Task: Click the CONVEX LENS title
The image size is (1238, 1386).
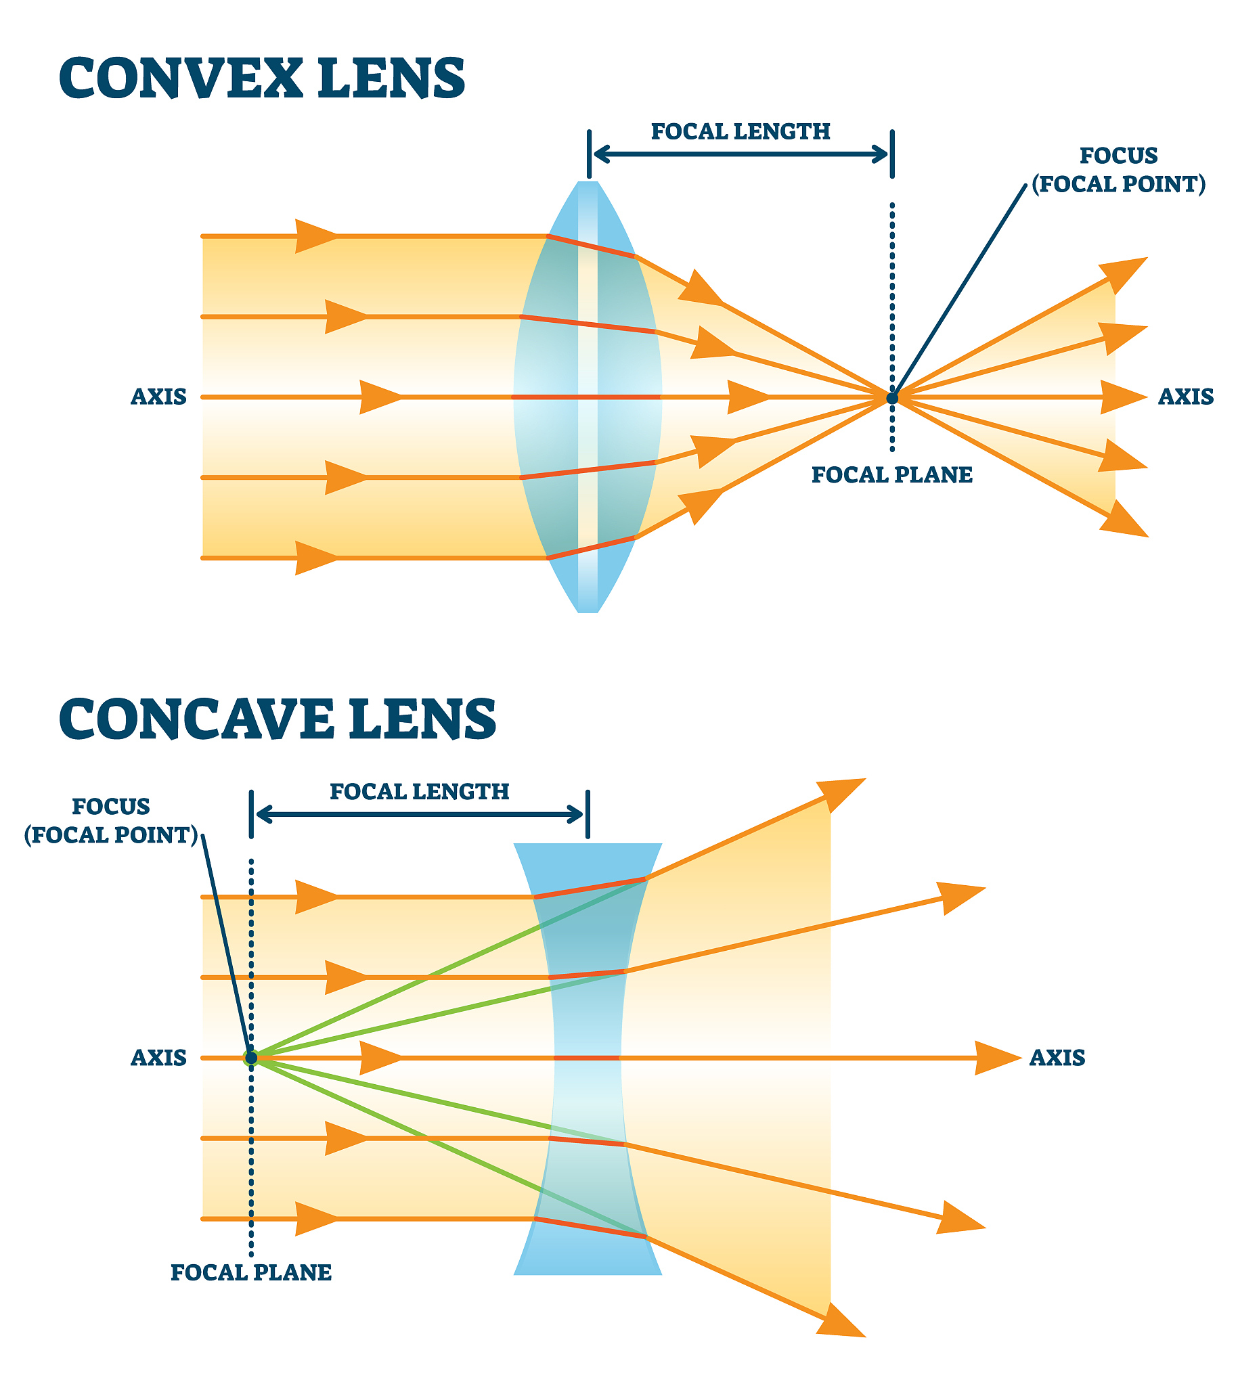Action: pos(262,79)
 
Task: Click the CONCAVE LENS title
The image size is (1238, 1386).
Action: pos(278,719)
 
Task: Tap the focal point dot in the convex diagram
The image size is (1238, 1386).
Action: pos(891,398)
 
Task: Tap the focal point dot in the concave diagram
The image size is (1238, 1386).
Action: pos(251,1058)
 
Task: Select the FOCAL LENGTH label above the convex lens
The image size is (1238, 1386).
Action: pos(740,131)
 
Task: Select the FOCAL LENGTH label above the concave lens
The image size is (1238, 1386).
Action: pos(419,792)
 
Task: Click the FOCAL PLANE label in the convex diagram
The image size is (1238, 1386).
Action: pos(891,474)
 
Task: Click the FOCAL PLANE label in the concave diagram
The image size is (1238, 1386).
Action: pos(251,1272)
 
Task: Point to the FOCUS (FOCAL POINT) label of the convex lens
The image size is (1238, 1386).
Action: pos(1118,170)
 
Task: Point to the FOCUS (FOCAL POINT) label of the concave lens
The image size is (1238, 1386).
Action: pos(111,821)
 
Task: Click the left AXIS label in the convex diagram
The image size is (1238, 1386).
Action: pos(158,397)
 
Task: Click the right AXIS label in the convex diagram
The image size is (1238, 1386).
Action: pos(1186,397)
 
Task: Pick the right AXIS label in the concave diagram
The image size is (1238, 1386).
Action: pos(1057,1058)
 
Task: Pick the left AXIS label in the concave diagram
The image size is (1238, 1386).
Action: pos(158,1058)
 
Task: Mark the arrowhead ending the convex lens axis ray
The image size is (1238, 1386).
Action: pos(1123,397)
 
